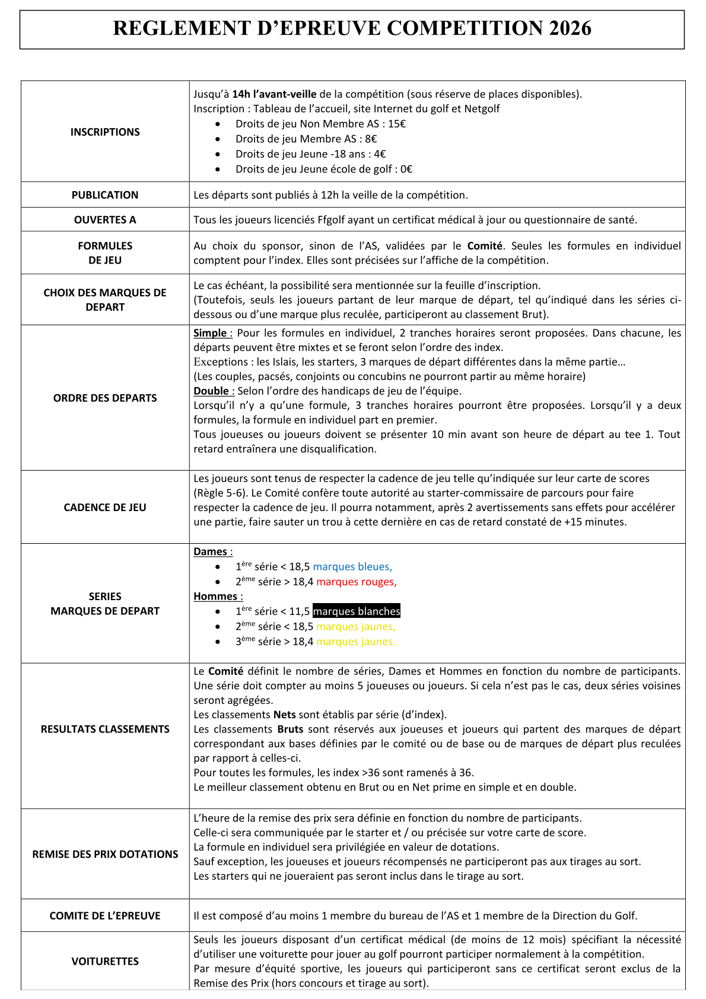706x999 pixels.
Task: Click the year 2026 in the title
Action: click(x=570, y=28)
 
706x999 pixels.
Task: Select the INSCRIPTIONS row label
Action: click(x=105, y=132)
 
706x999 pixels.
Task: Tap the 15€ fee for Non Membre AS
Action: click(x=397, y=124)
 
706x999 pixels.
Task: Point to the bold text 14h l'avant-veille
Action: click(x=274, y=94)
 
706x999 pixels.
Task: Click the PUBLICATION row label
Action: click(x=105, y=195)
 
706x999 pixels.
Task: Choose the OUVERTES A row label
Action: click(x=105, y=220)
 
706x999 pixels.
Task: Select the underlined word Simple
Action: click(x=211, y=333)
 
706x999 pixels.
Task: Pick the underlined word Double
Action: click(x=212, y=391)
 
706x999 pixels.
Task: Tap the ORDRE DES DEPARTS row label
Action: click(x=105, y=398)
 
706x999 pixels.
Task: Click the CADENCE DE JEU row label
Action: click(x=105, y=508)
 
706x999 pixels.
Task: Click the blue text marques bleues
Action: click(x=352, y=567)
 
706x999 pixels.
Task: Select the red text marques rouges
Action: click(x=356, y=582)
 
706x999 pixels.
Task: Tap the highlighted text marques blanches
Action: click(x=357, y=611)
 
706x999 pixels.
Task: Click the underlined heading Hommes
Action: click(x=216, y=597)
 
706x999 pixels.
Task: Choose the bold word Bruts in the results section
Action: click(x=290, y=729)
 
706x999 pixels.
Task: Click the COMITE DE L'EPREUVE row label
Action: click(x=105, y=915)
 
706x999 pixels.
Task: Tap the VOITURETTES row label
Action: click(x=105, y=961)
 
